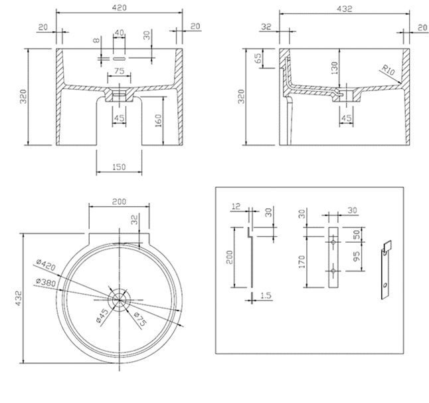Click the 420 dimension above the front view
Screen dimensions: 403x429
[x=120, y=7]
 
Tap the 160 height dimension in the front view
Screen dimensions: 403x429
[x=158, y=122]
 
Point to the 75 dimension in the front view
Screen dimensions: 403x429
[x=119, y=70]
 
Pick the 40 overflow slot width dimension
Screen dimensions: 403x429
[x=120, y=33]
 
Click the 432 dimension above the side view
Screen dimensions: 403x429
[x=345, y=8]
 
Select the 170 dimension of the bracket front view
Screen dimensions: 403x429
[x=301, y=261]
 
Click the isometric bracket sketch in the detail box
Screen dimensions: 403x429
[x=385, y=268]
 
